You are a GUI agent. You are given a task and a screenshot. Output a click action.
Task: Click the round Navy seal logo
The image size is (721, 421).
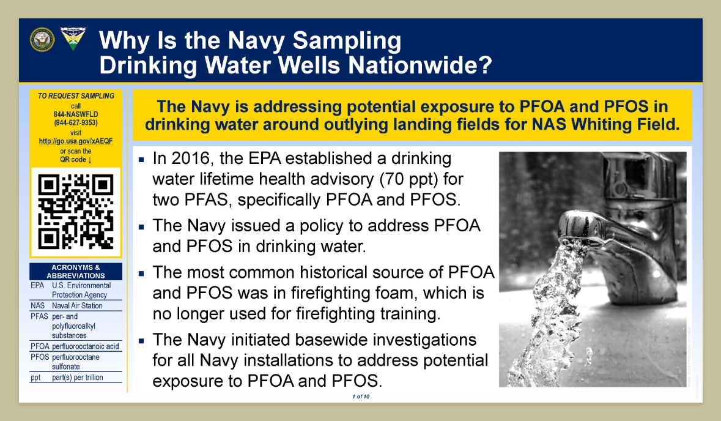(42, 40)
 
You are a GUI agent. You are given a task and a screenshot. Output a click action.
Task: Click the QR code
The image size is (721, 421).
(76, 212)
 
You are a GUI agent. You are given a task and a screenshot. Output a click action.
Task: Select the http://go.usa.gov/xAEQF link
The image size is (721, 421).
(76, 141)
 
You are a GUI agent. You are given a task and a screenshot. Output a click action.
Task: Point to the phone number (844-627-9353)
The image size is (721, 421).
(76, 123)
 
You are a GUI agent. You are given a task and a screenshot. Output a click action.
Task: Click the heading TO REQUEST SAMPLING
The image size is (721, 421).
(76, 95)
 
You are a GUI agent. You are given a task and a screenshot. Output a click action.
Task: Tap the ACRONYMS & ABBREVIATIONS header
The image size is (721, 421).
(76, 272)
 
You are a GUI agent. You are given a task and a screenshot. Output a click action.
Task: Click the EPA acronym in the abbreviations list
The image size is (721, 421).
(37, 285)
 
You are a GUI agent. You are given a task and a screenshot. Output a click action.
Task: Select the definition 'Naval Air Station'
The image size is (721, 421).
(77, 305)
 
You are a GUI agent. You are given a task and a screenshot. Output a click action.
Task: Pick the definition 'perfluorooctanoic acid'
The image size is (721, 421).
(86, 346)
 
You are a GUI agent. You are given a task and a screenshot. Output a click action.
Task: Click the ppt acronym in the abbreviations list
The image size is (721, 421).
(35, 378)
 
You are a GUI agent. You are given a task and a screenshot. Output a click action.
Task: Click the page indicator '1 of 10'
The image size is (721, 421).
(361, 397)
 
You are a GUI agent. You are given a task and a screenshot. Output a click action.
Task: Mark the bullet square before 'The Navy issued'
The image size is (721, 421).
(142, 227)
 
